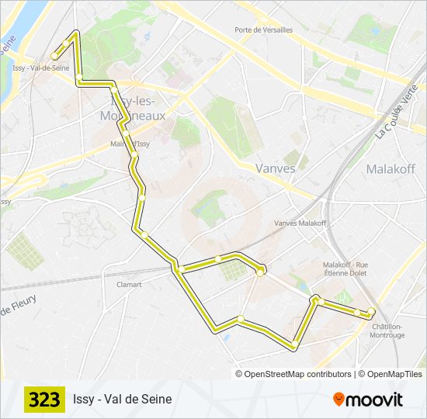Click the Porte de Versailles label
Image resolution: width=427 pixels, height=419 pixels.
pos(264,30)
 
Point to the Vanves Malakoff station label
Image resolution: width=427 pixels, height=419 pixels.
pos(300,223)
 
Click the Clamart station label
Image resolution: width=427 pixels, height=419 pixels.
pos(129,285)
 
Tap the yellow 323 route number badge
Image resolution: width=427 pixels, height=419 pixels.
pos(44,400)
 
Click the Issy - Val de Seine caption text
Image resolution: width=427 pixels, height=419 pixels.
pos(123,400)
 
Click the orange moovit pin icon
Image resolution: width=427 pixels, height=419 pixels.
pos(339,400)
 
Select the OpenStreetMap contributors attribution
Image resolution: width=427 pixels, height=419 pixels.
pos(298,374)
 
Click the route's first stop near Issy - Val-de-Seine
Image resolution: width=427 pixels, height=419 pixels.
pos(54,55)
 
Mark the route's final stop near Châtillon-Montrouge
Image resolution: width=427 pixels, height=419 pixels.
pos(371,312)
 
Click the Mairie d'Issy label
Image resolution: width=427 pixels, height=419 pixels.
pos(130,144)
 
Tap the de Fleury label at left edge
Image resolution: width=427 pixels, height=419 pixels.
pos(17,306)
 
